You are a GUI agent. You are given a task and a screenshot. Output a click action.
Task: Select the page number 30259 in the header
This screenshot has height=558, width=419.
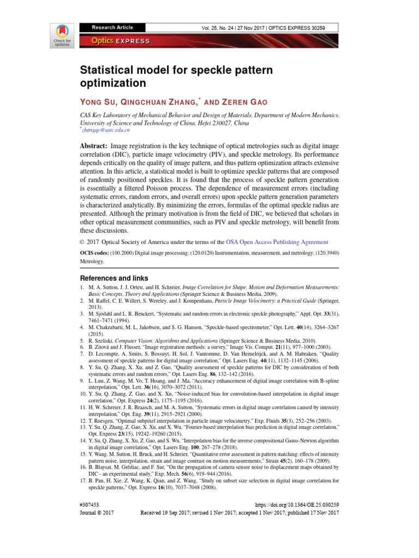(x=327, y=27)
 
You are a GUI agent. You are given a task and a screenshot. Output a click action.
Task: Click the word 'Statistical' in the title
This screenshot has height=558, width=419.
(x=108, y=71)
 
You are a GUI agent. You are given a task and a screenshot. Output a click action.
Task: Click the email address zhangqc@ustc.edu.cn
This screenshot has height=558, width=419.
(x=105, y=130)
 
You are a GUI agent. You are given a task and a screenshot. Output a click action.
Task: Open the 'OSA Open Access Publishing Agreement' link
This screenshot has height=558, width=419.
(x=277, y=242)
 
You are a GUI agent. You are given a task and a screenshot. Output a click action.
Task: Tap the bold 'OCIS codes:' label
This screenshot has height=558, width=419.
(x=94, y=253)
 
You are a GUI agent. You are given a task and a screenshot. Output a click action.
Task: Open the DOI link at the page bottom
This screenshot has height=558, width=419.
(x=297, y=506)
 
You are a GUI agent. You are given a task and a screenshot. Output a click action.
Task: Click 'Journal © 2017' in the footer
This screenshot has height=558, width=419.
(x=97, y=513)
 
